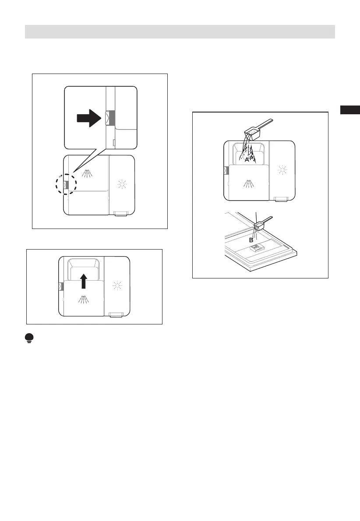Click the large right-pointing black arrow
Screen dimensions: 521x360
[89, 118]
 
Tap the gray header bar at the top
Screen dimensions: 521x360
[180, 32]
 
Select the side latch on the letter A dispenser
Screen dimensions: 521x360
[226, 169]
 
